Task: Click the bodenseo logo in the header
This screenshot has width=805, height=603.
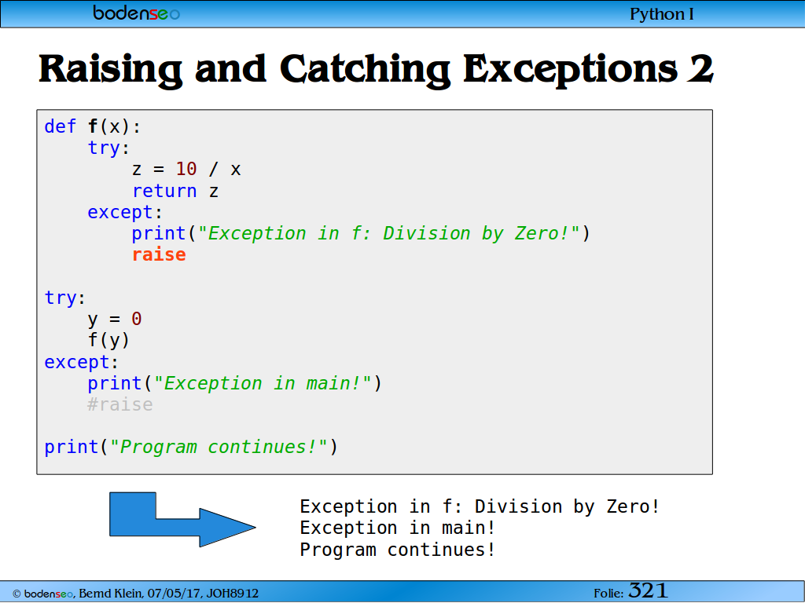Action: coord(137,13)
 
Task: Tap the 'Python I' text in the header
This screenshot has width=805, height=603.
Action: coord(662,14)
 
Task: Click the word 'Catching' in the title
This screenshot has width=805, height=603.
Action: coord(365,70)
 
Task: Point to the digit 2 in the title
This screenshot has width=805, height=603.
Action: coord(700,68)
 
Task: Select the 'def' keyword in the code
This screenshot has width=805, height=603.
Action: coord(60,126)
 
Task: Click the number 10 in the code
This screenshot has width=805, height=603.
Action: coord(186,169)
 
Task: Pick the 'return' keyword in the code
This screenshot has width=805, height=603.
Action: coord(165,191)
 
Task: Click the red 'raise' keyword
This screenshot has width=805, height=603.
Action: coord(159,254)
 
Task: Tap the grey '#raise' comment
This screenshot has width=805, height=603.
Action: coord(120,404)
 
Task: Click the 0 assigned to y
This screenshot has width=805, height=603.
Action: coord(137,319)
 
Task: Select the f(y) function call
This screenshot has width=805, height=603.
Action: coord(108,340)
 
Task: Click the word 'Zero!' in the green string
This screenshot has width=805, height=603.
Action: coord(542,233)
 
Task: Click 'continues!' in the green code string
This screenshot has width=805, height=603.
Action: coord(263,447)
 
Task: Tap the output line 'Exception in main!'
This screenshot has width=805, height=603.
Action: coord(397,528)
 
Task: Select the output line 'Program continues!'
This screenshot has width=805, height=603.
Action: coord(397,550)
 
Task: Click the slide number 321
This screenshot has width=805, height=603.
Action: coord(648,590)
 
